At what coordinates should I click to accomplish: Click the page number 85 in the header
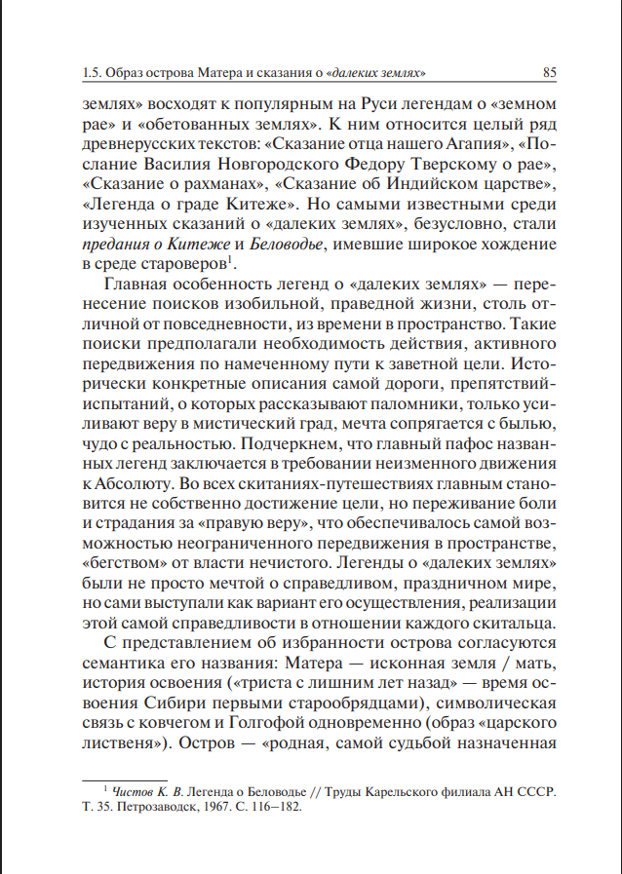click(549, 72)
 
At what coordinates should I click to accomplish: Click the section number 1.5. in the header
click(95, 72)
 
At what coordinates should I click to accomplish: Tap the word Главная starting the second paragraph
click(139, 285)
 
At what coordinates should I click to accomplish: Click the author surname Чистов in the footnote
click(135, 790)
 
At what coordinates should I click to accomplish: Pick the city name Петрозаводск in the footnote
click(142, 807)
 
